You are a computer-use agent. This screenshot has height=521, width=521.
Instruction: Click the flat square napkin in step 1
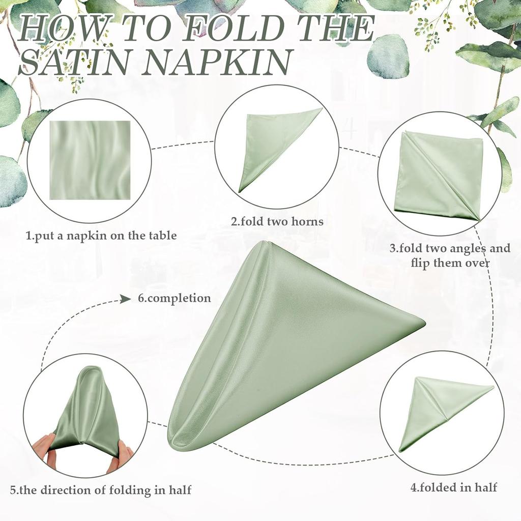tap(90, 160)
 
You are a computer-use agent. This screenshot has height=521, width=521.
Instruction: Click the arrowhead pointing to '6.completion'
tap(126, 299)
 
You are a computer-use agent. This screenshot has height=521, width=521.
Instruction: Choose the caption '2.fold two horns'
tap(277, 221)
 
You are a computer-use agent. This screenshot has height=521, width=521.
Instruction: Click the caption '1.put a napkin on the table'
tap(101, 236)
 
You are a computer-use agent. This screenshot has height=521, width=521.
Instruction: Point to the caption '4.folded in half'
tap(454, 487)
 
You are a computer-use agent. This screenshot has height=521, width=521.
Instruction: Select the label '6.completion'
tap(175, 298)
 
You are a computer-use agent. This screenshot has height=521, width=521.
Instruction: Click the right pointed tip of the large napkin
tap(422, 322)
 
